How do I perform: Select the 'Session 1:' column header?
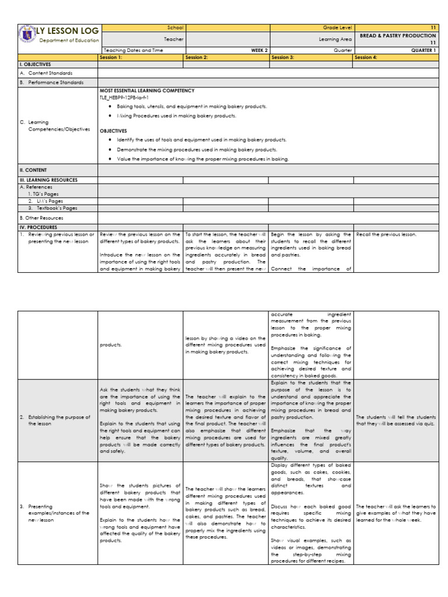[111, 58]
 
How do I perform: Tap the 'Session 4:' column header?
[367, 58]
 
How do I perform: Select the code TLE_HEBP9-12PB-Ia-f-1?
[124, 98]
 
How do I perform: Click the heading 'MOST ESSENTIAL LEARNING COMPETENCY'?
[147, 91]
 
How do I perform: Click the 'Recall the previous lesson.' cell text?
[386, 234]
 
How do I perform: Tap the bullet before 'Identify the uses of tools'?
[110, 140]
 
